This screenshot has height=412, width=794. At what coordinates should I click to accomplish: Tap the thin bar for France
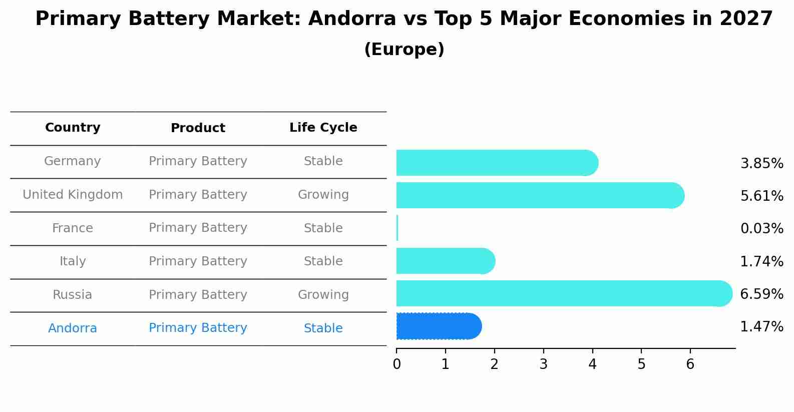pyautogui.click(x=397, y=228)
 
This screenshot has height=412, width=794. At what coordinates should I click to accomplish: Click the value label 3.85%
pyautogui.click(x=761, y=164)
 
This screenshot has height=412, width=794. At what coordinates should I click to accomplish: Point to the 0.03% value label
pyautogui.click(x=761, y=229)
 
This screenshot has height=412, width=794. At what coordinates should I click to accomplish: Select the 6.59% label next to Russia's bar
pyautogui.click(x=761, y=294)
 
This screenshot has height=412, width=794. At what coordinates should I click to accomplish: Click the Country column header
pyautogui.click(x=73, y=128)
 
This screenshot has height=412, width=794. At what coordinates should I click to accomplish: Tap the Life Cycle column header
pyautogui.click(x=323, y=128)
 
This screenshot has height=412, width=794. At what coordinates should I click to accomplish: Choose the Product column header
pyautogui.click(x=198, y=128)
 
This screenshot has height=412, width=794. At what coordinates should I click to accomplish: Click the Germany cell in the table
pyautogui.click(x=73, y=161)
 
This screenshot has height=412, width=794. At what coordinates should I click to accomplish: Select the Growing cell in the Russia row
pyautogui.click(x=323, y=295)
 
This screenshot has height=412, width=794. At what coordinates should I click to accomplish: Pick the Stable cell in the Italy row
pyautogui.click(x=323, y=261)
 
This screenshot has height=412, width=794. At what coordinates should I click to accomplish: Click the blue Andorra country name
pyautogui.click(x=73, y=328)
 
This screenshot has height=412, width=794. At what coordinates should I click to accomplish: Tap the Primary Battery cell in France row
pyautogui.click(x=198, y=228)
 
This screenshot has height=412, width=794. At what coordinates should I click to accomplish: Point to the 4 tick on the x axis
pyautogui.click(x=592, y=364)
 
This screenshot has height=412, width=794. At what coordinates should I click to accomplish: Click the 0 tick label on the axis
pyautogui.click(x=396, y=364)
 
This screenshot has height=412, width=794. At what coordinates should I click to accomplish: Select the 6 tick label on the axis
pyautogui.click(x=690, y=364)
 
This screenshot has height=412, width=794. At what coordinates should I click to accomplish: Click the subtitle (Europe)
pyautogui.click(x=404, y=50)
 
